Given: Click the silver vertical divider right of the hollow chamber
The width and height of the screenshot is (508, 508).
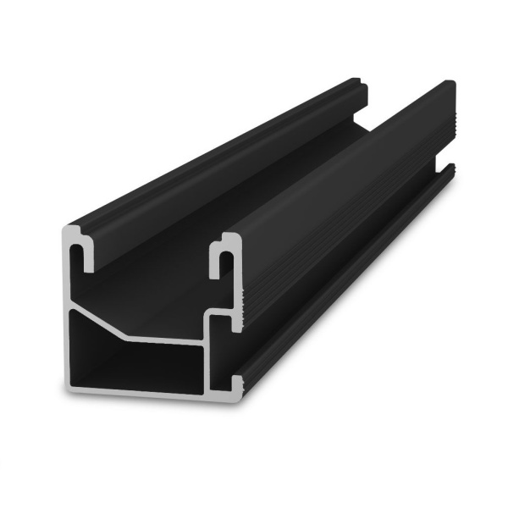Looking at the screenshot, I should click(209, 360).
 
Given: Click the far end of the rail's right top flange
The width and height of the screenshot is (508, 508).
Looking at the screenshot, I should click(450, 88).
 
